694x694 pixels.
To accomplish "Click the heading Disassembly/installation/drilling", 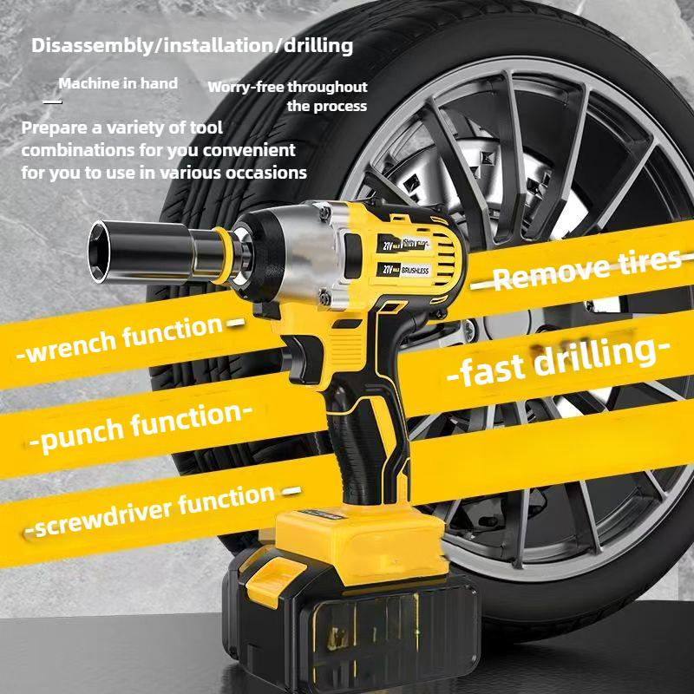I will (x=192, y=45).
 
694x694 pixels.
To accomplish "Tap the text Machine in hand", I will (x=118, y=84).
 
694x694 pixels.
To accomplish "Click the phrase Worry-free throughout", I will (x=287, y=87).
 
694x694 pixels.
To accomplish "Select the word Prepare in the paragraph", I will (x=51, y=128).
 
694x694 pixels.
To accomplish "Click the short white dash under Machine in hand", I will (x=53, y=101).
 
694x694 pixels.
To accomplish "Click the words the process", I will (x=327, y=106).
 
